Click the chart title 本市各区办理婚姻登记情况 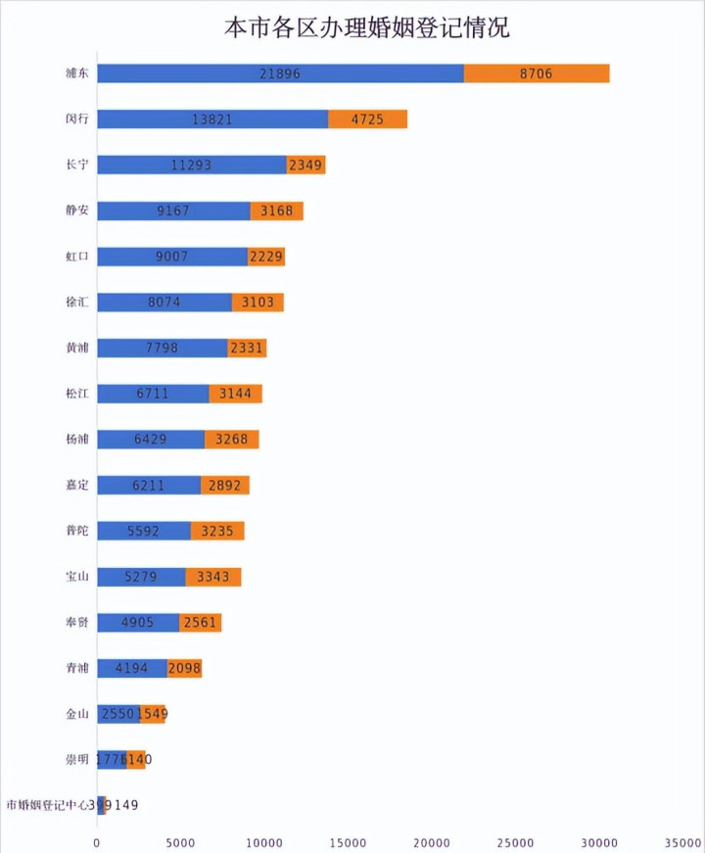pyautogui.click(x=366, y=26)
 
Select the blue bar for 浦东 pyautogui.click(x=280, y=73)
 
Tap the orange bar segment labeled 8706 pyautogui.click(x=537, y=73)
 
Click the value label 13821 pyautogui.click(x=212, y=119)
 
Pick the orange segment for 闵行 pyautogui.click(x=367, y=119)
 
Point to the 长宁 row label pyautogui.click(x=76, y=165)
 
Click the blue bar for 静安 pyautogui.click(x=173, y=211)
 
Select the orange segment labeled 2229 pyautogui.click(x=266, y=257)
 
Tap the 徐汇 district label pyautogui.click(x=76, y=303)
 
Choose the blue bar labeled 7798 pyautogui.click(x=163, y=348)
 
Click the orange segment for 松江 pyautogui.click(x=236, y=394)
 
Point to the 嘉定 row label pyautogui.click(x=76, y=485)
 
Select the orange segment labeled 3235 pyautogui.click(x=217, y=531)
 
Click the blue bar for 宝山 pyautogui.click(x=141, y=577)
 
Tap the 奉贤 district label pyautogui.click(x=76, y=622)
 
